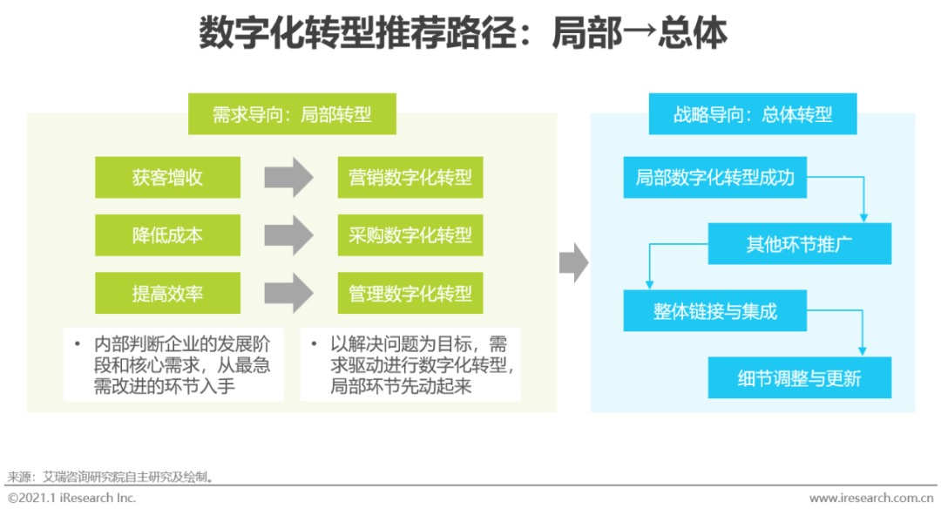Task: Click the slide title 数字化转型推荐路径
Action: pyautogui.click(x=463, y=36)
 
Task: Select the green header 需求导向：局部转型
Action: pyautogui.click(x=292, y=114)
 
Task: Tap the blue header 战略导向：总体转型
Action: pyautogui.click(x=753, y=114)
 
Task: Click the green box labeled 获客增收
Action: pyautogui.click(x=167, y=178)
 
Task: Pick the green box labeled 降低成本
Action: pyautogui.click(x=167, y=235)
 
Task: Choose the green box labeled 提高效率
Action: pyautogui.click(x=167, y=294)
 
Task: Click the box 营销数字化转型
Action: pyautogui.click(x=410, y=178)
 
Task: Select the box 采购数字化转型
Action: pyautogui.click(x=410, y=235)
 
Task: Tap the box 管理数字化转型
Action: pyautogui.click(x=410, y=294)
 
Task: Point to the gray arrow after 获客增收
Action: pyautogui.click(x=288, y=178)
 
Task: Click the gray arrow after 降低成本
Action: pyautogui.click(x=288, y=235)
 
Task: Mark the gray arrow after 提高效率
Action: pyautogui.click(x=288, y=294)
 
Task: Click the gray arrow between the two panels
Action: pyautogui.click(x=573, y=262)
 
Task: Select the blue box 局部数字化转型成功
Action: pyautogui.click(x=714, y=178)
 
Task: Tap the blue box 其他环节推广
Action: pyautogui.click(x=799, y=244)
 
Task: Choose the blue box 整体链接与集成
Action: pyautogui.click(x=714, y=311)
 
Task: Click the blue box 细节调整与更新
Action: pyautogui.click(x=799, y=378)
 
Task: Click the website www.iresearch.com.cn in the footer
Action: pyautogui.click(x=872, y=499)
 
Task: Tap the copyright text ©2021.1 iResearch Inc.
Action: pyautogui.click(x=72, y=499)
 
